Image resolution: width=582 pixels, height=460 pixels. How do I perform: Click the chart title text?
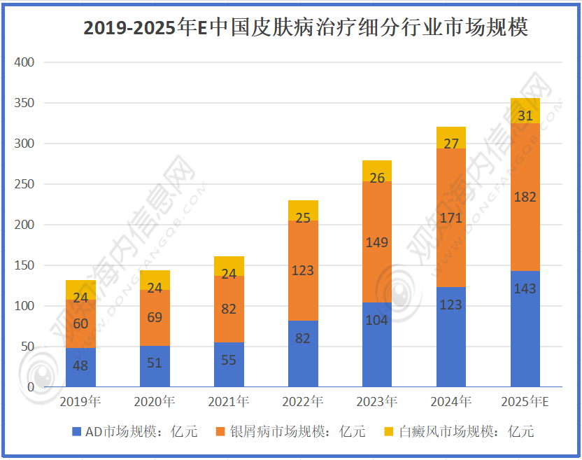point(306,27)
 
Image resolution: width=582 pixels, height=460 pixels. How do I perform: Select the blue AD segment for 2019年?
point(80,368)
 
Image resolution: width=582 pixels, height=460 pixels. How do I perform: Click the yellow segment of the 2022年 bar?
point(303,211)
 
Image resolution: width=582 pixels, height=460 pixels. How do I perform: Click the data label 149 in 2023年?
point(377,243)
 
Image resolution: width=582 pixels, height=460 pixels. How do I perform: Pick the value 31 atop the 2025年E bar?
point(525,116)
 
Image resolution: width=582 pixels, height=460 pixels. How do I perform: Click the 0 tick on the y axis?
point(31,387)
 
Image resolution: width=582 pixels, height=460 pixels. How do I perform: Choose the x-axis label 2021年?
point(229,402)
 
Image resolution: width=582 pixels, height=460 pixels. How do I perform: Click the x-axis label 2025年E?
point(525,402)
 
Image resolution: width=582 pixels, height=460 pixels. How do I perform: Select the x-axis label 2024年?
point(451,402)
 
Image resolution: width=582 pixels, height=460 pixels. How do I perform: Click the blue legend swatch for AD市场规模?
point(76,431)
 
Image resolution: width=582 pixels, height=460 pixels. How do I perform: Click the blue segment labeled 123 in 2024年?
point(451,336)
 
